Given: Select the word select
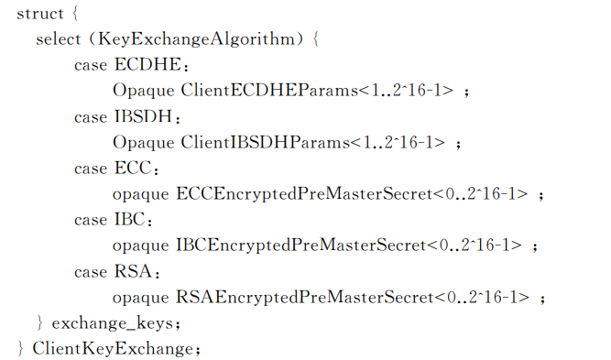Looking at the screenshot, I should tap(60, 40).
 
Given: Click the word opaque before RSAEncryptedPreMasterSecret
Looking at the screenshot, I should tap(140, 297).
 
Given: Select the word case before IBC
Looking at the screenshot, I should tap(91, 220).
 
